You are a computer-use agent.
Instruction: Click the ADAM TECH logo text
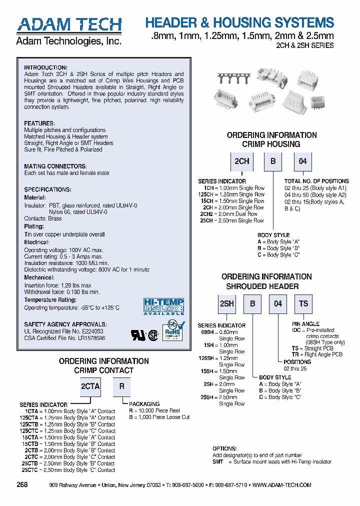point(69,24)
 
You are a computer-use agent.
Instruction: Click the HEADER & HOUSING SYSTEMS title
point(239,22)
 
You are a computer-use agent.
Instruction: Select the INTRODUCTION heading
point(45,67)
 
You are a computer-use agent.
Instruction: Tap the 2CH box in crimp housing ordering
point(242,162)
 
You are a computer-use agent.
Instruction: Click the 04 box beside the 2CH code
point(303,162)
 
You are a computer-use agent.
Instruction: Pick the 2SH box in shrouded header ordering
point(227,303)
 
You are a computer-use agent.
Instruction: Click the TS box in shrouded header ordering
point(303,303)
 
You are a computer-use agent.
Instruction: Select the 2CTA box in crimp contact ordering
point(90,386)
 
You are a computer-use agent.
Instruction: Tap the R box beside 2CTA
point(121,386)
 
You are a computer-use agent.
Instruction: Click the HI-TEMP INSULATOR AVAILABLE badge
point(163,306)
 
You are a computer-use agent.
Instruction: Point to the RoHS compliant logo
point(172,333)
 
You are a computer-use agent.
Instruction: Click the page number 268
point(22,485)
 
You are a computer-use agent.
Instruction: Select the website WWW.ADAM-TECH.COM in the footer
point(281,485)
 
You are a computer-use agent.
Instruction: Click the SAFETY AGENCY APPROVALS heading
point(65,324)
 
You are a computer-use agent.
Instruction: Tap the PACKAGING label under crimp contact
point(144,404)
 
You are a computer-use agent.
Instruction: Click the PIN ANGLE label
point(306,324)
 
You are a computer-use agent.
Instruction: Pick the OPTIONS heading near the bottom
point(224,449)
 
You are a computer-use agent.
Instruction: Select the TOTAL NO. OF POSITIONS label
point(316,181)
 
